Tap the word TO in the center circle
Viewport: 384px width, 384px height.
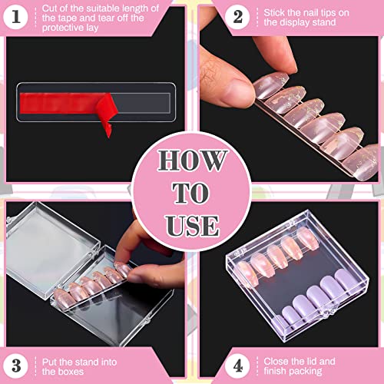coord(192,193)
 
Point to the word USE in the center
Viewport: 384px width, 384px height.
coord(192,224)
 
